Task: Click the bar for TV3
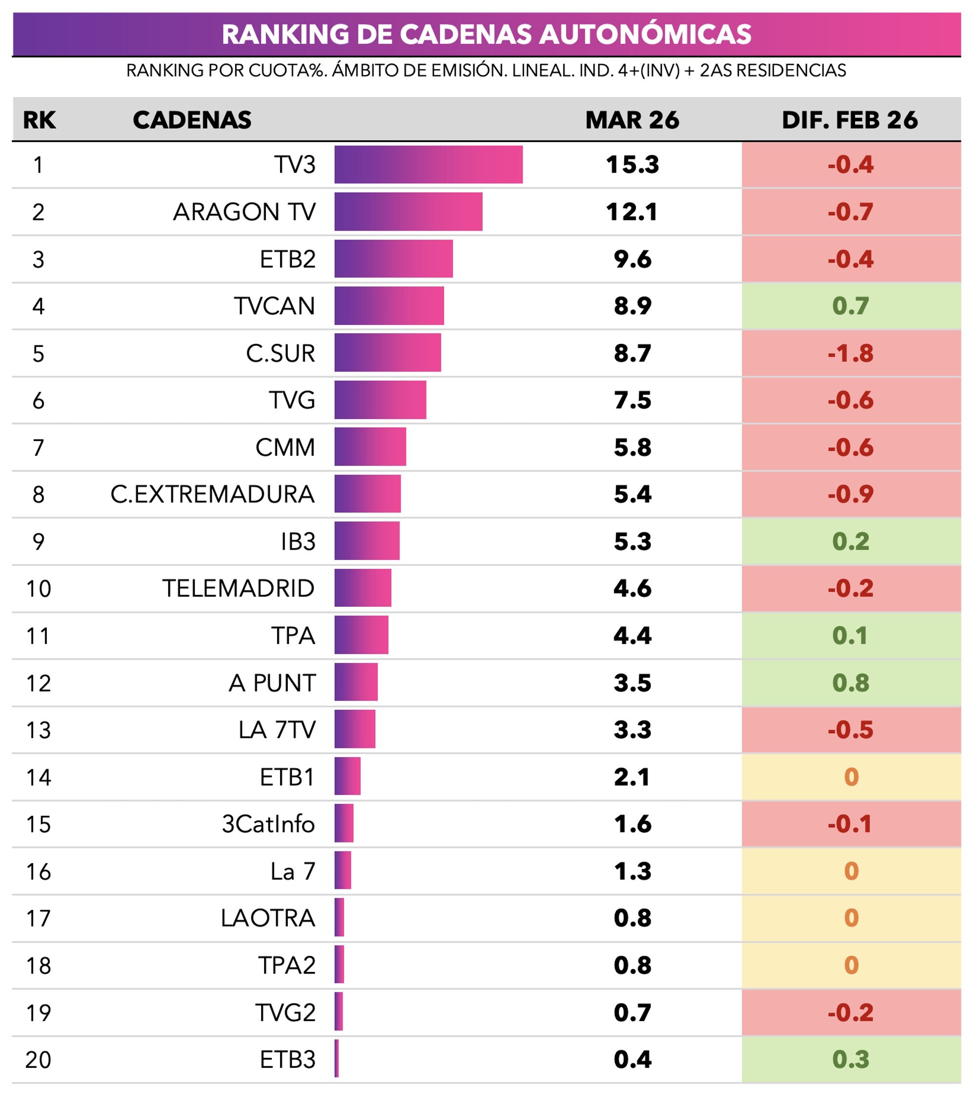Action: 428,165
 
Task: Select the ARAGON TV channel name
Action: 244,212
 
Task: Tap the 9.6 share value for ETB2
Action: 632,260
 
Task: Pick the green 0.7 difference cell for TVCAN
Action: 851,306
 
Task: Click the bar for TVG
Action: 380,400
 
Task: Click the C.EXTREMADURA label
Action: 212,495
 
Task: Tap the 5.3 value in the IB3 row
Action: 632,542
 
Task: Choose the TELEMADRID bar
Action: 363,588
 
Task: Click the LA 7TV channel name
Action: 277,730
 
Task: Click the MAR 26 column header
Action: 632,120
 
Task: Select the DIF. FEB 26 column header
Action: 849,120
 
